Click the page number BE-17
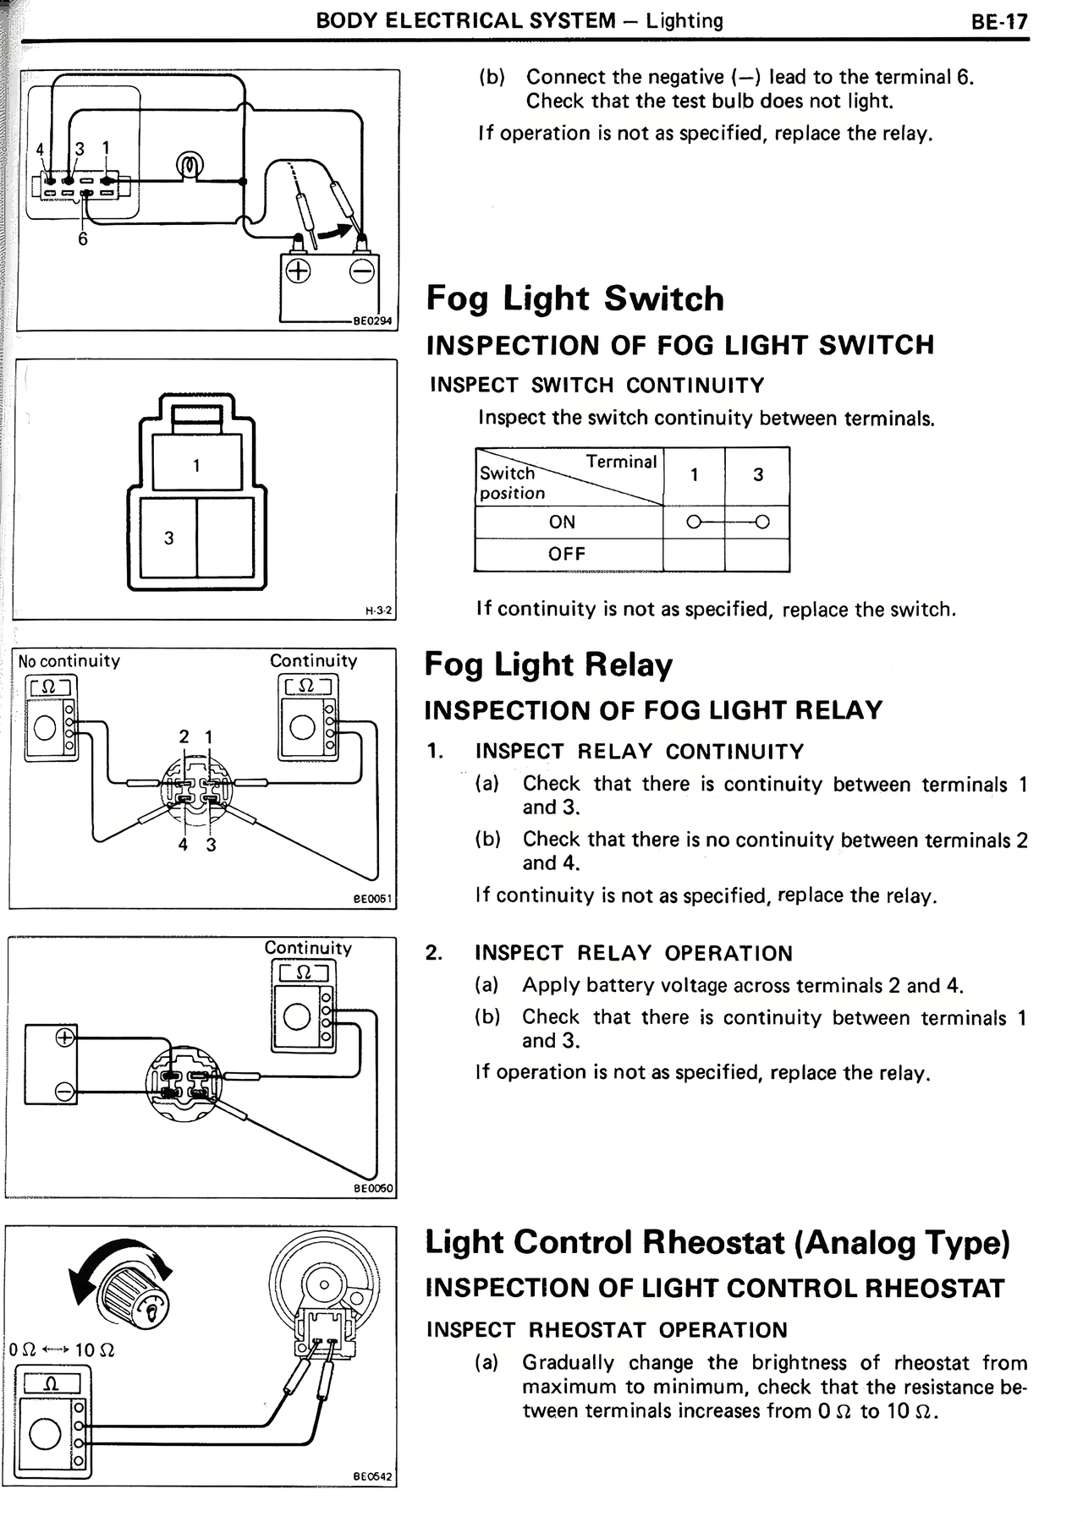[999, 22]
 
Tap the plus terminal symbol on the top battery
[298, 271]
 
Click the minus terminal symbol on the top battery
[363, 271]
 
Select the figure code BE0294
[373, 321]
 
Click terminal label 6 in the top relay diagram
[83, 239]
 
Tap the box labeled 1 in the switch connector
[197, 463]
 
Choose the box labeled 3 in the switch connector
[169, 538]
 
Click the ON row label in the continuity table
[562, 522]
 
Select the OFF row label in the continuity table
[566, 554]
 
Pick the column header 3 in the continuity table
[758, 475]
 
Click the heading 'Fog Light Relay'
[548, 665]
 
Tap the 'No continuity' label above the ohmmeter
[69, 660]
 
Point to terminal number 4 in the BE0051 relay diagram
[183, 844]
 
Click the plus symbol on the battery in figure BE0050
[65, 1037]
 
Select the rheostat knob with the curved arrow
[135, 1297]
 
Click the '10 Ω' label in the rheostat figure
[95, 1350]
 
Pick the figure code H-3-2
[379, 610]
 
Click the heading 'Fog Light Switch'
[575, 298]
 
